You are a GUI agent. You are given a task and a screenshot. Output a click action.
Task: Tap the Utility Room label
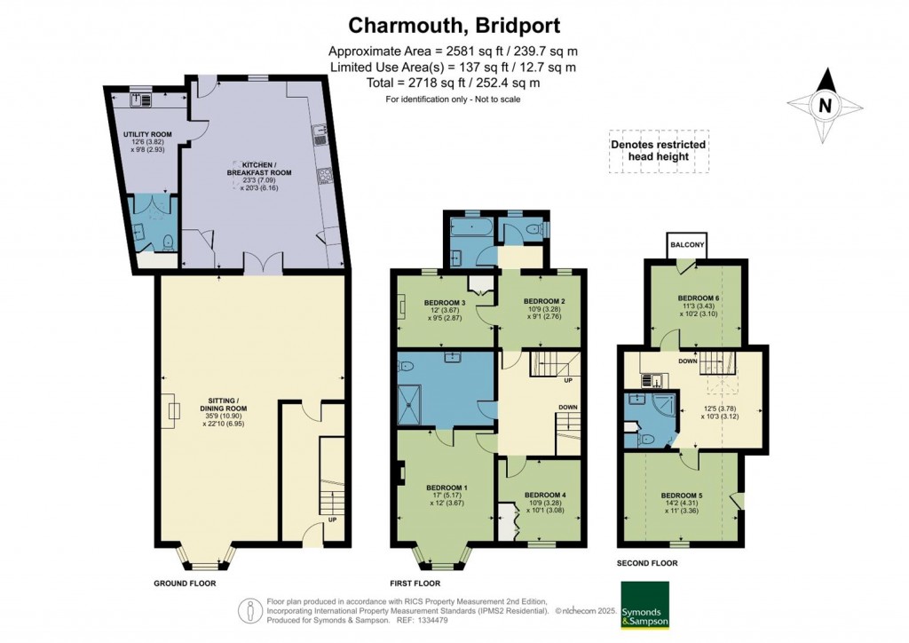[x=147, y=134]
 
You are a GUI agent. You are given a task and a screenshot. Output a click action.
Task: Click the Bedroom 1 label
[x=447, y=488]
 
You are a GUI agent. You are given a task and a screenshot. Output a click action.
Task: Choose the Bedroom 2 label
[x=544, y=301]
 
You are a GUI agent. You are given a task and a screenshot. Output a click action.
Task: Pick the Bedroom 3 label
[x=447, y=301]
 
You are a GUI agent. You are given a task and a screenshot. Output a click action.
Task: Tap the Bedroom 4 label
[x=544, y=495]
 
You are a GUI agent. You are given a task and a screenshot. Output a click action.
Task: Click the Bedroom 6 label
[x=700, y=298]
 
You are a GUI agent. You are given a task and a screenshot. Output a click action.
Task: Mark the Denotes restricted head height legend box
[x=658, y=151]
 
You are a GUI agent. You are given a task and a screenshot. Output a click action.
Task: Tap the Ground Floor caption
[x=186, y=583]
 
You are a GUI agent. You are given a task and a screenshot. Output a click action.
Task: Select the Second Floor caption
[x=647, y=563]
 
